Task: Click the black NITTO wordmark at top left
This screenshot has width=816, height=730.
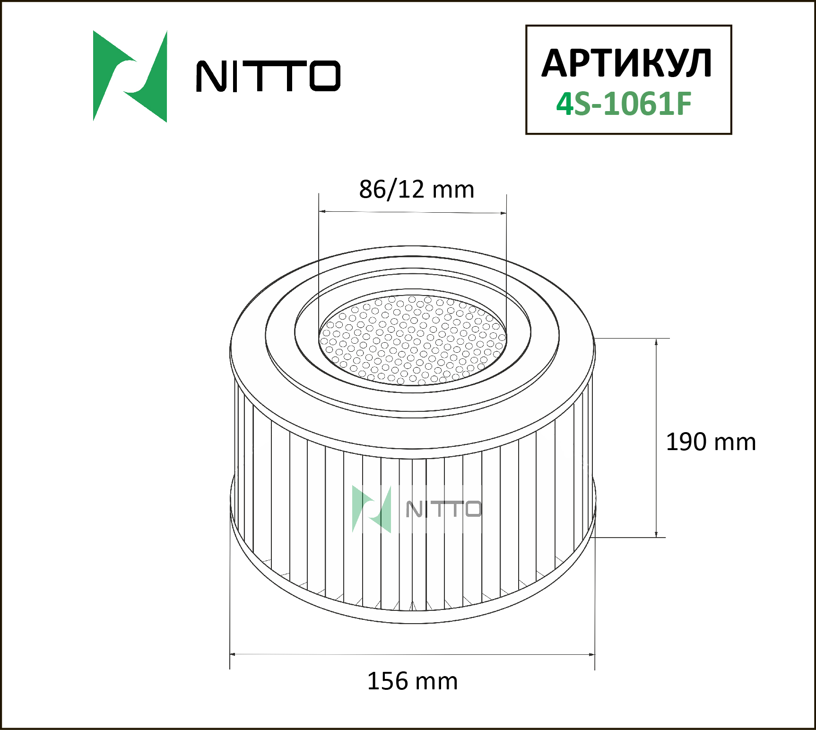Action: (x=268, y=76)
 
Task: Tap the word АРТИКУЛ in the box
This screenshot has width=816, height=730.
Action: (x=627, y=63)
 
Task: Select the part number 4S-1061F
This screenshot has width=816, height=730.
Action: (x=624, y=104)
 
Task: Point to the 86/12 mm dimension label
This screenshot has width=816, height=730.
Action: (x=417, y=189)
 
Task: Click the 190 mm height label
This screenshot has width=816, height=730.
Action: (x=711, y=442)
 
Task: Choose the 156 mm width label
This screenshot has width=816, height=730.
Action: (x=412, y=681)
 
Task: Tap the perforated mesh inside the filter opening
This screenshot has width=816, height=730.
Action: (x=413, y=340)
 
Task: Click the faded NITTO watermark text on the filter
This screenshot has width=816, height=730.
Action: (x=443, y=509)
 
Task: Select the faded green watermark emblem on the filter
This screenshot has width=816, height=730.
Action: (x=372, y=509)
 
